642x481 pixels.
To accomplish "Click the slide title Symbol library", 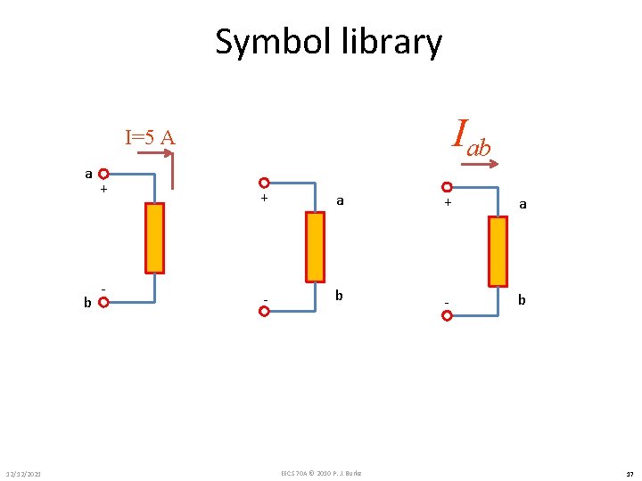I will [328, 42].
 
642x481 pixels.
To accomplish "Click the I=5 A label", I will [150, 137].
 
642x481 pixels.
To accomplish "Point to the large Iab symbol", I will [472, 135].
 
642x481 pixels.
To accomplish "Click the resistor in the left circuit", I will [155, 238].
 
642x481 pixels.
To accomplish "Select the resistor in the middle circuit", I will [315, 247].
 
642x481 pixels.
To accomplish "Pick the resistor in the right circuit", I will [498, 251].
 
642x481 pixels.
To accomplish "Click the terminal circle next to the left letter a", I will [104, 175].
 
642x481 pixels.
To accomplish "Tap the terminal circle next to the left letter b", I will [103, 302].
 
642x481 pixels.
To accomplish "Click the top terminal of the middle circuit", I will [264, 183].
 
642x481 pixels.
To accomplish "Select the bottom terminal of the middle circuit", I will [264, 312].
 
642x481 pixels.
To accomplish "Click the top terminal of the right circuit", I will [447, 188].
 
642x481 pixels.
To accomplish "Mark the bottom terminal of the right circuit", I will [447, 315].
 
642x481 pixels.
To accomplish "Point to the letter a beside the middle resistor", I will [340, 202].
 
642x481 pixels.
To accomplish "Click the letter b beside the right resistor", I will [523, 300].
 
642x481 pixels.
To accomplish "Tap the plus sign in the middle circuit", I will [265, 199].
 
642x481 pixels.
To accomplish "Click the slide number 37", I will [629, 473].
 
